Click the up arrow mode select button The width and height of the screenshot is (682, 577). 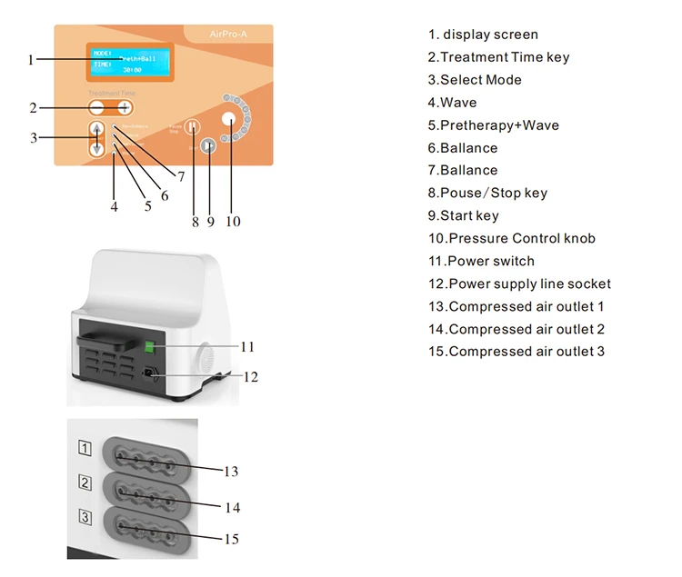97,129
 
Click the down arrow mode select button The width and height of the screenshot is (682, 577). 97,149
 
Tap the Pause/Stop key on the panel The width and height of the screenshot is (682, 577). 192,128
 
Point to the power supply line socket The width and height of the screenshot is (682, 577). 148,374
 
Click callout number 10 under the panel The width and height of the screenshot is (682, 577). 233,221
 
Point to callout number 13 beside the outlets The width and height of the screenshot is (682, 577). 231,472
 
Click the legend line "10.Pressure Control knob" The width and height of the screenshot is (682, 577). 512,238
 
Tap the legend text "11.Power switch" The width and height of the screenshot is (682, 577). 482,261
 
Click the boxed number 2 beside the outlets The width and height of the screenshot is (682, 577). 85,482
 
